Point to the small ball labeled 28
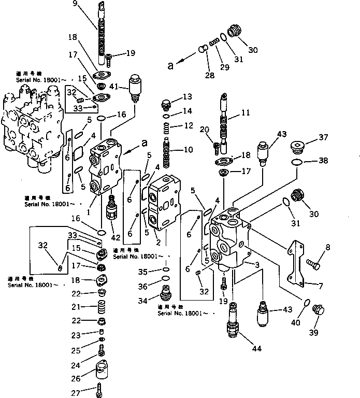point(204,50)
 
